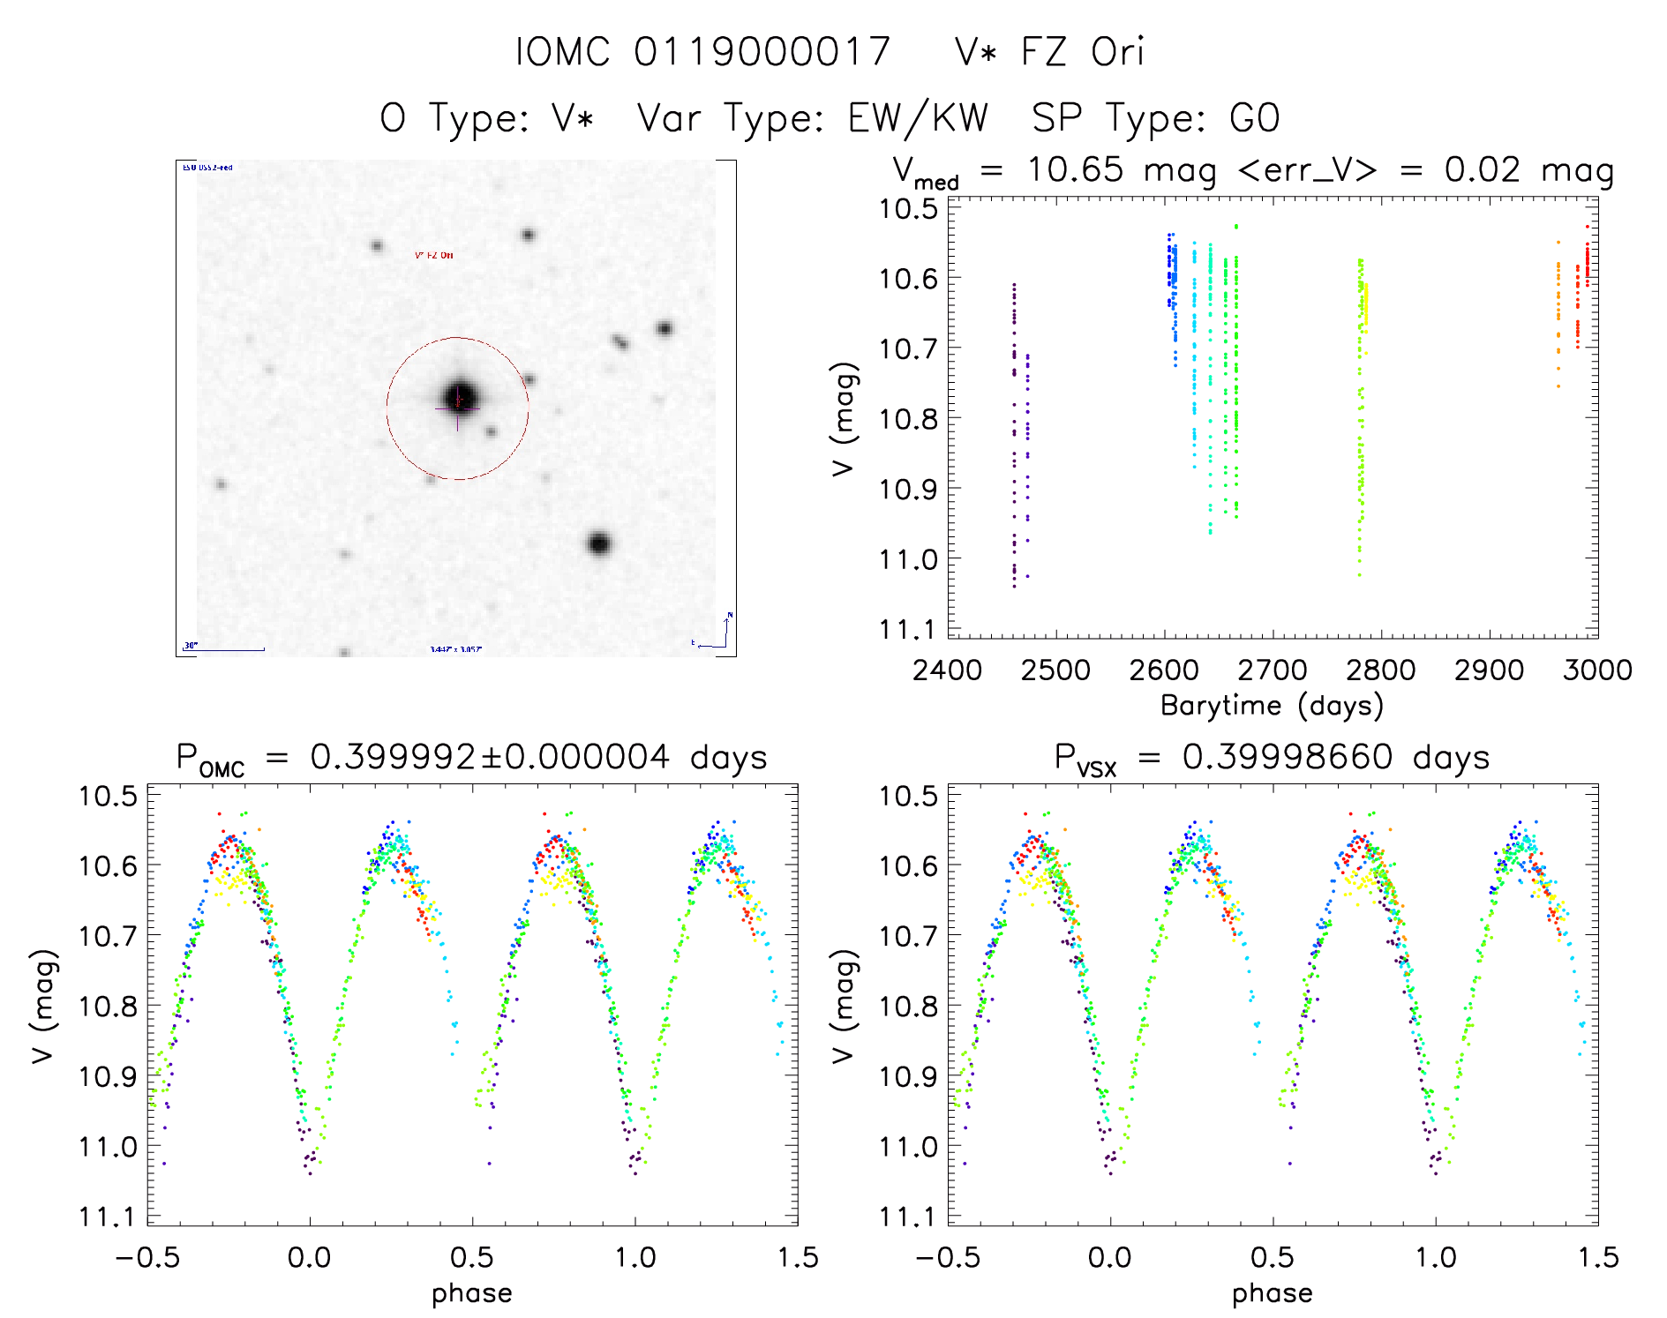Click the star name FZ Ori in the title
1082,52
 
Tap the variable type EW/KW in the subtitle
917,118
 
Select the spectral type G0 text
1254,118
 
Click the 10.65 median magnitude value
1075,169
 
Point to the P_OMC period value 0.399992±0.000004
490,757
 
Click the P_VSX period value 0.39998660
1288,757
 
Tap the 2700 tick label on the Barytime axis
1272,670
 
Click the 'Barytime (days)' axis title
1272,706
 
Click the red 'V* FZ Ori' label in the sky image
434,255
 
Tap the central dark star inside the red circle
459,397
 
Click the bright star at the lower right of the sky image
599,543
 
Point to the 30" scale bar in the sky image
224,649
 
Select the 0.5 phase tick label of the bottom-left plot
472,1258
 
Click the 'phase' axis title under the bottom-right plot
1272,1293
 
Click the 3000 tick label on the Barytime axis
1596,670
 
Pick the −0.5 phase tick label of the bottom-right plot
947,1258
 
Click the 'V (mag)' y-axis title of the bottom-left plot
44,1006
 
